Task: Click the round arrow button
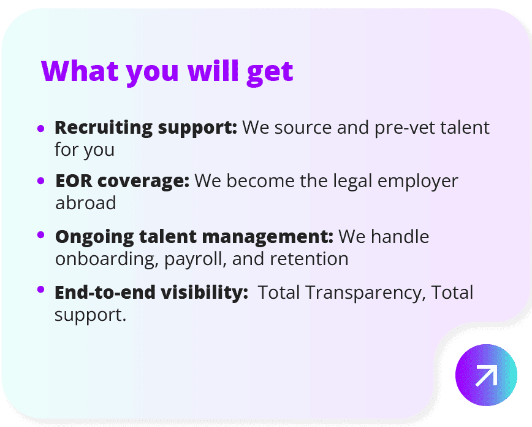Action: point(486,375)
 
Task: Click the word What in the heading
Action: point(80,71)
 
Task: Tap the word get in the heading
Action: point(270,74)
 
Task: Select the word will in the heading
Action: point(213,71)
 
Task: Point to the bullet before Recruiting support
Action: point(40,128)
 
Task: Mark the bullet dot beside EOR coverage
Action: point(40,181)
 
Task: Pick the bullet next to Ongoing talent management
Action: point(40,235)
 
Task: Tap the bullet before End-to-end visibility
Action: point(40,290)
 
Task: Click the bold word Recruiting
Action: point(104,129)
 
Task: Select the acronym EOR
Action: point(74,181)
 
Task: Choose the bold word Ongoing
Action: point(94,237)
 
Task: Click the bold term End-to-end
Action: point(105,292)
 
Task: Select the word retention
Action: point(309,259)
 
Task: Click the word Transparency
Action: point(365,293)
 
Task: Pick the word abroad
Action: point(86,203)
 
